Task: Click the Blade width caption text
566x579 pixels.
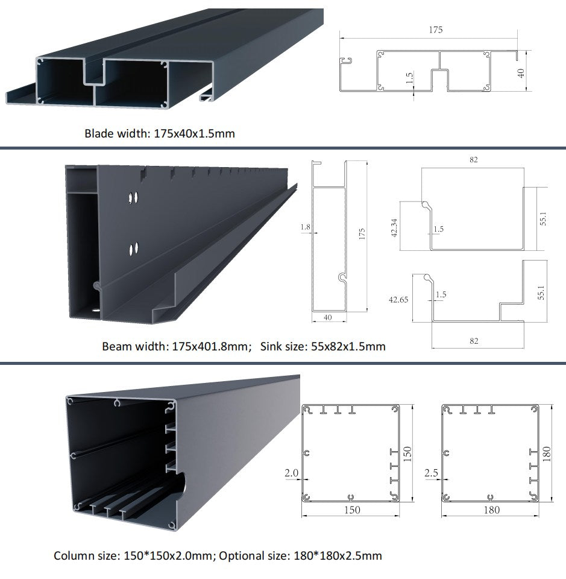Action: (x=159, y=133)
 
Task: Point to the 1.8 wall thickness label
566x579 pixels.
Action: (x=305, y=227)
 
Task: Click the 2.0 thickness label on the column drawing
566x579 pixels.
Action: (x=291, y=473)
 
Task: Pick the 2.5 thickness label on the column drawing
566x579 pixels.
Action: (x=432, y=473)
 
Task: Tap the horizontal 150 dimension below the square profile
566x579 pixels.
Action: (x=351, y=510)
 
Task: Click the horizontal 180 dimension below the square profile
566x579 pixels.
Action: (x=492, y=510)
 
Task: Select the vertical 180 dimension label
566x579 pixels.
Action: (x=547, y=452)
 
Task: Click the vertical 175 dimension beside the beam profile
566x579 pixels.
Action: (x=362, y=234)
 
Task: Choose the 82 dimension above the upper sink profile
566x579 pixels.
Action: (x=473, y=160)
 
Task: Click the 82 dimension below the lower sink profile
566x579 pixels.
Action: (x=474, y=341)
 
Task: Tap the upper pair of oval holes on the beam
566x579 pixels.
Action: (x=134, y=197)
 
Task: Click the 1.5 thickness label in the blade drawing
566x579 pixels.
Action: (x=410, y=78)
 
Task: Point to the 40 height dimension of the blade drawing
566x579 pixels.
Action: (x=522, y=72)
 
